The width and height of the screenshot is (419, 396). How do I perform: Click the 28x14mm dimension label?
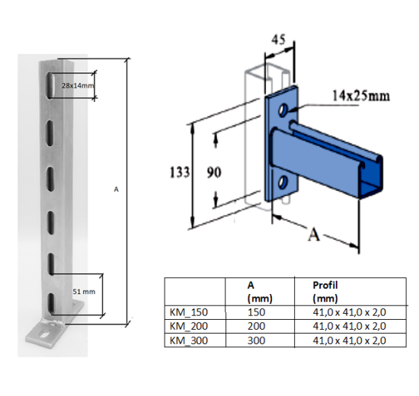tap(78, 86)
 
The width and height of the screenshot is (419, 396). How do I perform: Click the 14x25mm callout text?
tap(360, 97)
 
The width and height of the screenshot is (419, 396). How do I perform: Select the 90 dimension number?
tap(214, 173)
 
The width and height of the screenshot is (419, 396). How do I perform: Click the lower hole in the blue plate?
tap(283, 183)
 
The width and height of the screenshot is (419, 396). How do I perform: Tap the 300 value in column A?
tap(257, 340)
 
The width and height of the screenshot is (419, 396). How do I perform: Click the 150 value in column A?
tap(257, 312)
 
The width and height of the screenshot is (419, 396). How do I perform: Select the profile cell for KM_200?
tap(349, 326)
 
